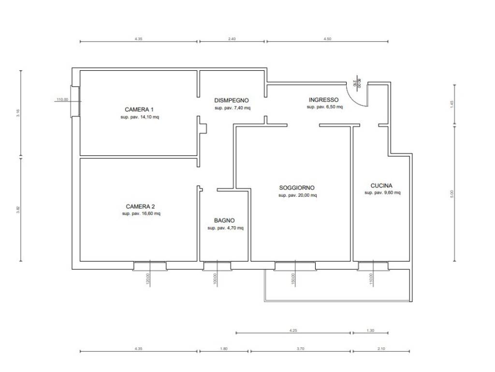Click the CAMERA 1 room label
pos(139,109)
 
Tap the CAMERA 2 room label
pos(141,206)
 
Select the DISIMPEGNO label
pos(232,100)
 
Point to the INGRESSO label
pos(323,100)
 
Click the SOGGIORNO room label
pos(297,187)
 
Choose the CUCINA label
pos(381,186)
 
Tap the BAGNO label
pos(224,220)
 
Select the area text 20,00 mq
pos(306,195)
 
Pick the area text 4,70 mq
pos(233,228)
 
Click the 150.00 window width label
pos(293,279)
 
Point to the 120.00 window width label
pos(147,279)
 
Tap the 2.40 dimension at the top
pos(232,39)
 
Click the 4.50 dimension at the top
pos(327,39)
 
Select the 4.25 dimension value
pos(293,330)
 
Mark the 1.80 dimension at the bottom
pos(223,349)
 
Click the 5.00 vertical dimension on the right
pos(451,194)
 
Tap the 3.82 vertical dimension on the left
pos(18,209)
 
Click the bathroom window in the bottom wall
pos(217,266)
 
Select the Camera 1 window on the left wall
pos(75,101)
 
